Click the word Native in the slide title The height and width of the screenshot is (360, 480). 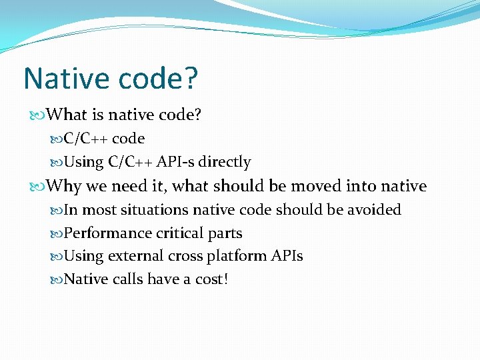pyautogui.click(x=65, y=78)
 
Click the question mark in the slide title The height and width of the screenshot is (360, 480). pyautogui.click(x=189, y=78)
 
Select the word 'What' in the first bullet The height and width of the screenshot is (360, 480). pyautogui.click(x=67, y=115)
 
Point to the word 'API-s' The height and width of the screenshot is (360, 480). pyautogui.click(x=175, y=162)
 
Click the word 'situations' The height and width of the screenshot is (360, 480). pyautogui.click(x=155, y=210)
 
